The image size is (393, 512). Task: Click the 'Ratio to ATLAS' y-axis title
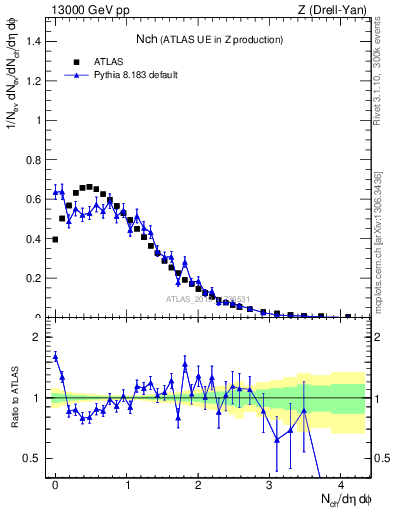coord(14,398)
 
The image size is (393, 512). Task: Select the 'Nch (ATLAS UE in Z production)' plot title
coord(209,39)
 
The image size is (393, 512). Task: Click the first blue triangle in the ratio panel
coord(55,355)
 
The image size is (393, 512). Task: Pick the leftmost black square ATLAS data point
coord(55,239)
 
